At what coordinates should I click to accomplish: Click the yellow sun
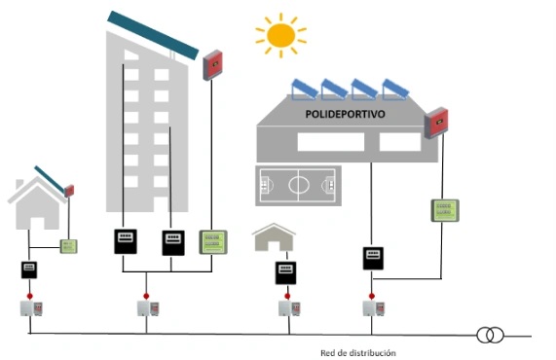280,36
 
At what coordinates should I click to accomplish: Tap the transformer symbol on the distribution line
490,336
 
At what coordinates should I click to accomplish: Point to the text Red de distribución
357,352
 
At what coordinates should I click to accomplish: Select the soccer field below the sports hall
297,185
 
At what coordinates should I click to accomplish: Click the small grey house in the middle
274,239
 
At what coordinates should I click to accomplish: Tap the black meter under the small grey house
285,272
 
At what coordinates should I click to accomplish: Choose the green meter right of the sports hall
444,211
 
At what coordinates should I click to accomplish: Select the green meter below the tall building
212,241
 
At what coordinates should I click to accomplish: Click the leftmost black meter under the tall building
124,241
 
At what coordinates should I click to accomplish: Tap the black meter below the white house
30,270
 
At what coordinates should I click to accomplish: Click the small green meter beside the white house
69,246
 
